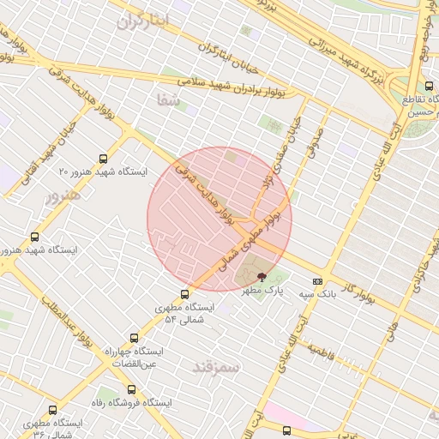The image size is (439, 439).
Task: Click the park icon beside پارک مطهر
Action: (x=262, y=276)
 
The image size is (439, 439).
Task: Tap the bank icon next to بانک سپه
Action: (x=318, y=281)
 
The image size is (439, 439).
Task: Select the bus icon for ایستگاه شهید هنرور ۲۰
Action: (x=104, y=159)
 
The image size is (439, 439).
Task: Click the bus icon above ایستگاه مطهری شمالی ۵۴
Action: (x=185, y=294)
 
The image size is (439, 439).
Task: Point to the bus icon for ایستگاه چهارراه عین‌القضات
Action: (x=133, y=339)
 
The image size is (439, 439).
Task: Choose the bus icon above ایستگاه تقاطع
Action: (x=428, y=86)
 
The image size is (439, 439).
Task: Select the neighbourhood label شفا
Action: (x=166, y=99)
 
